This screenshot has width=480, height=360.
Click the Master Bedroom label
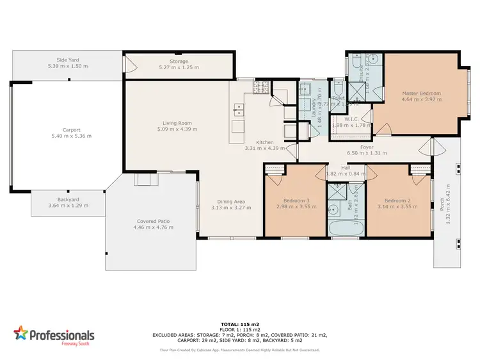coord(421,94)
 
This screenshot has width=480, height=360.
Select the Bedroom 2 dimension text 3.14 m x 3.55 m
coord(394,208)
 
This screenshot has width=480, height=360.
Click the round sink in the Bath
coord(333,208)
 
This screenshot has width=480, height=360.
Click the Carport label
coord(71,129)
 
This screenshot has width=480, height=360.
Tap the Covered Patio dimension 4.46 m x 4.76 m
coord(151,227)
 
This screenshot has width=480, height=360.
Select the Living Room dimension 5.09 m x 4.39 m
coord(176,130)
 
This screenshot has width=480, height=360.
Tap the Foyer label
coord(367,147)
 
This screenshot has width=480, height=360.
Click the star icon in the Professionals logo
coord(20,334)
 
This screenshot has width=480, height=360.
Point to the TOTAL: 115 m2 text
coord(241,325)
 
